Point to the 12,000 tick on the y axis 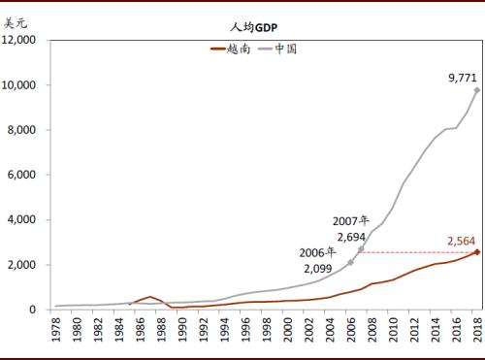pyautogui.click(x=18, y=40)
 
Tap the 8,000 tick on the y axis pyautogui.click(x=21, y=130)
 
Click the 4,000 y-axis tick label pyautogui.click(x=21, y=220)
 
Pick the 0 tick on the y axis pyautogui.click(x=32, y=310)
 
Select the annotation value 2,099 pyautogui.click(x=317, y=268)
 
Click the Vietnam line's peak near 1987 pyautogui.click(x=149, y=297)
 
